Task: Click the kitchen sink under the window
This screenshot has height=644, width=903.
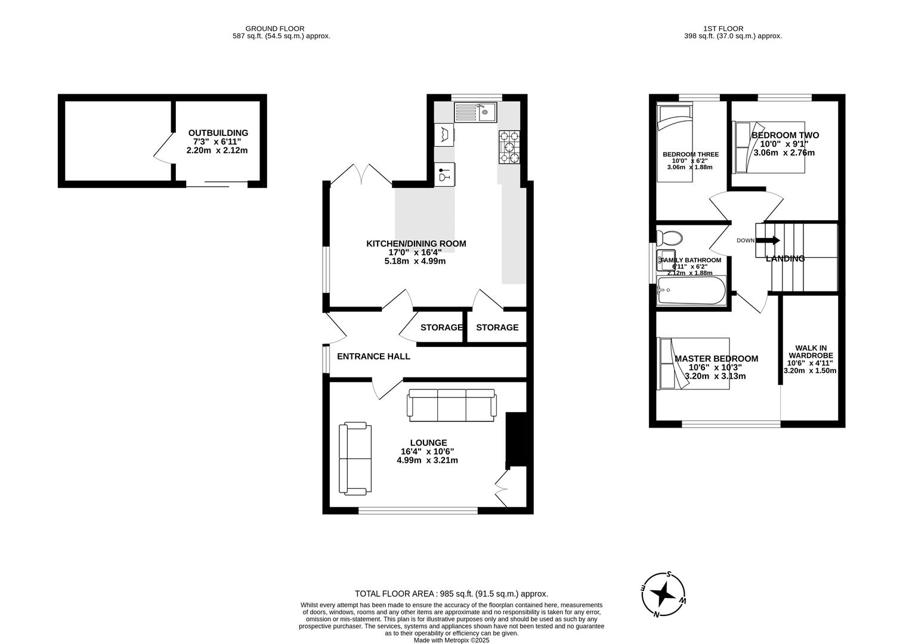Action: [x=475, y=112]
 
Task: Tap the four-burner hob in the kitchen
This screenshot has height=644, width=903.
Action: [x=509, y=147]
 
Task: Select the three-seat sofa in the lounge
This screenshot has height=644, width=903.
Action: [x=452, y=404]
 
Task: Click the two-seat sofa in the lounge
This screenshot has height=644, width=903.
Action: [x=355, y=459]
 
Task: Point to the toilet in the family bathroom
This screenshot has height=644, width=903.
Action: [x=669, y=238]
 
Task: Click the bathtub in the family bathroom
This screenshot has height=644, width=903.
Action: [x=691, y=291]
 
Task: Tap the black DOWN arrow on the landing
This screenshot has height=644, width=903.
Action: [x=769, y=241]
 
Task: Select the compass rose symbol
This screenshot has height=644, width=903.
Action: [x=663, y=595]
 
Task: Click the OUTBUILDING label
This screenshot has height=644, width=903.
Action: [x=218, y=133]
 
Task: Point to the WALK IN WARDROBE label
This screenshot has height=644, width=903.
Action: [x=810, y=351]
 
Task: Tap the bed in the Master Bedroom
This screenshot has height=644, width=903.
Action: [x=674, y=363]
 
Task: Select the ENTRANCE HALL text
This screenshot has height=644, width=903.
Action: [x=373, y=357]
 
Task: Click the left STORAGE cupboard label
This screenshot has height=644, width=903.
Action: [x=441, y=327]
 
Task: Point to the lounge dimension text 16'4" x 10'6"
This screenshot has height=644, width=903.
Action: [x=428, y=451]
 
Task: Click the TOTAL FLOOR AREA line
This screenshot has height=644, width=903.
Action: [x=451, y=594]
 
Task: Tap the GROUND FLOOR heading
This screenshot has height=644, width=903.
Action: [x=275, y=28]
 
